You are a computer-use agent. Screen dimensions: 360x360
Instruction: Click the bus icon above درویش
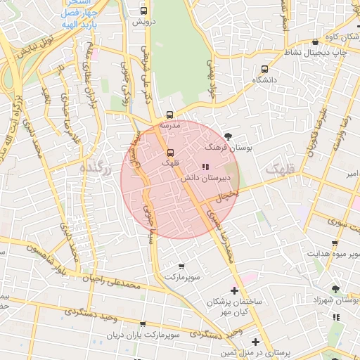click(144, 11)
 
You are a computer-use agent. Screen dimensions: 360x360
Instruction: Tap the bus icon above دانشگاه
click(264, 69)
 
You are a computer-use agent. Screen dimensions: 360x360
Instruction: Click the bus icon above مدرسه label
click(169, 115)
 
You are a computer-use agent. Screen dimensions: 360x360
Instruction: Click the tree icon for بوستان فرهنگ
click(227, 136)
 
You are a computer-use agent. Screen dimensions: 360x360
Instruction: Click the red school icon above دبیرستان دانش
click(205, 167)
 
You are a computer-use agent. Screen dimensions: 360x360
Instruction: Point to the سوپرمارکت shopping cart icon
click(181, 266)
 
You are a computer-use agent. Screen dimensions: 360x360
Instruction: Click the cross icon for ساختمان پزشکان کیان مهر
click(234, 290)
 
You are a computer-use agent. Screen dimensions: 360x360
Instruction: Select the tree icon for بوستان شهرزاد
click(335, 289)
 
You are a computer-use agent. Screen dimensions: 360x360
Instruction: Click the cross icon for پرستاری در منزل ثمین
click(254, 342)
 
